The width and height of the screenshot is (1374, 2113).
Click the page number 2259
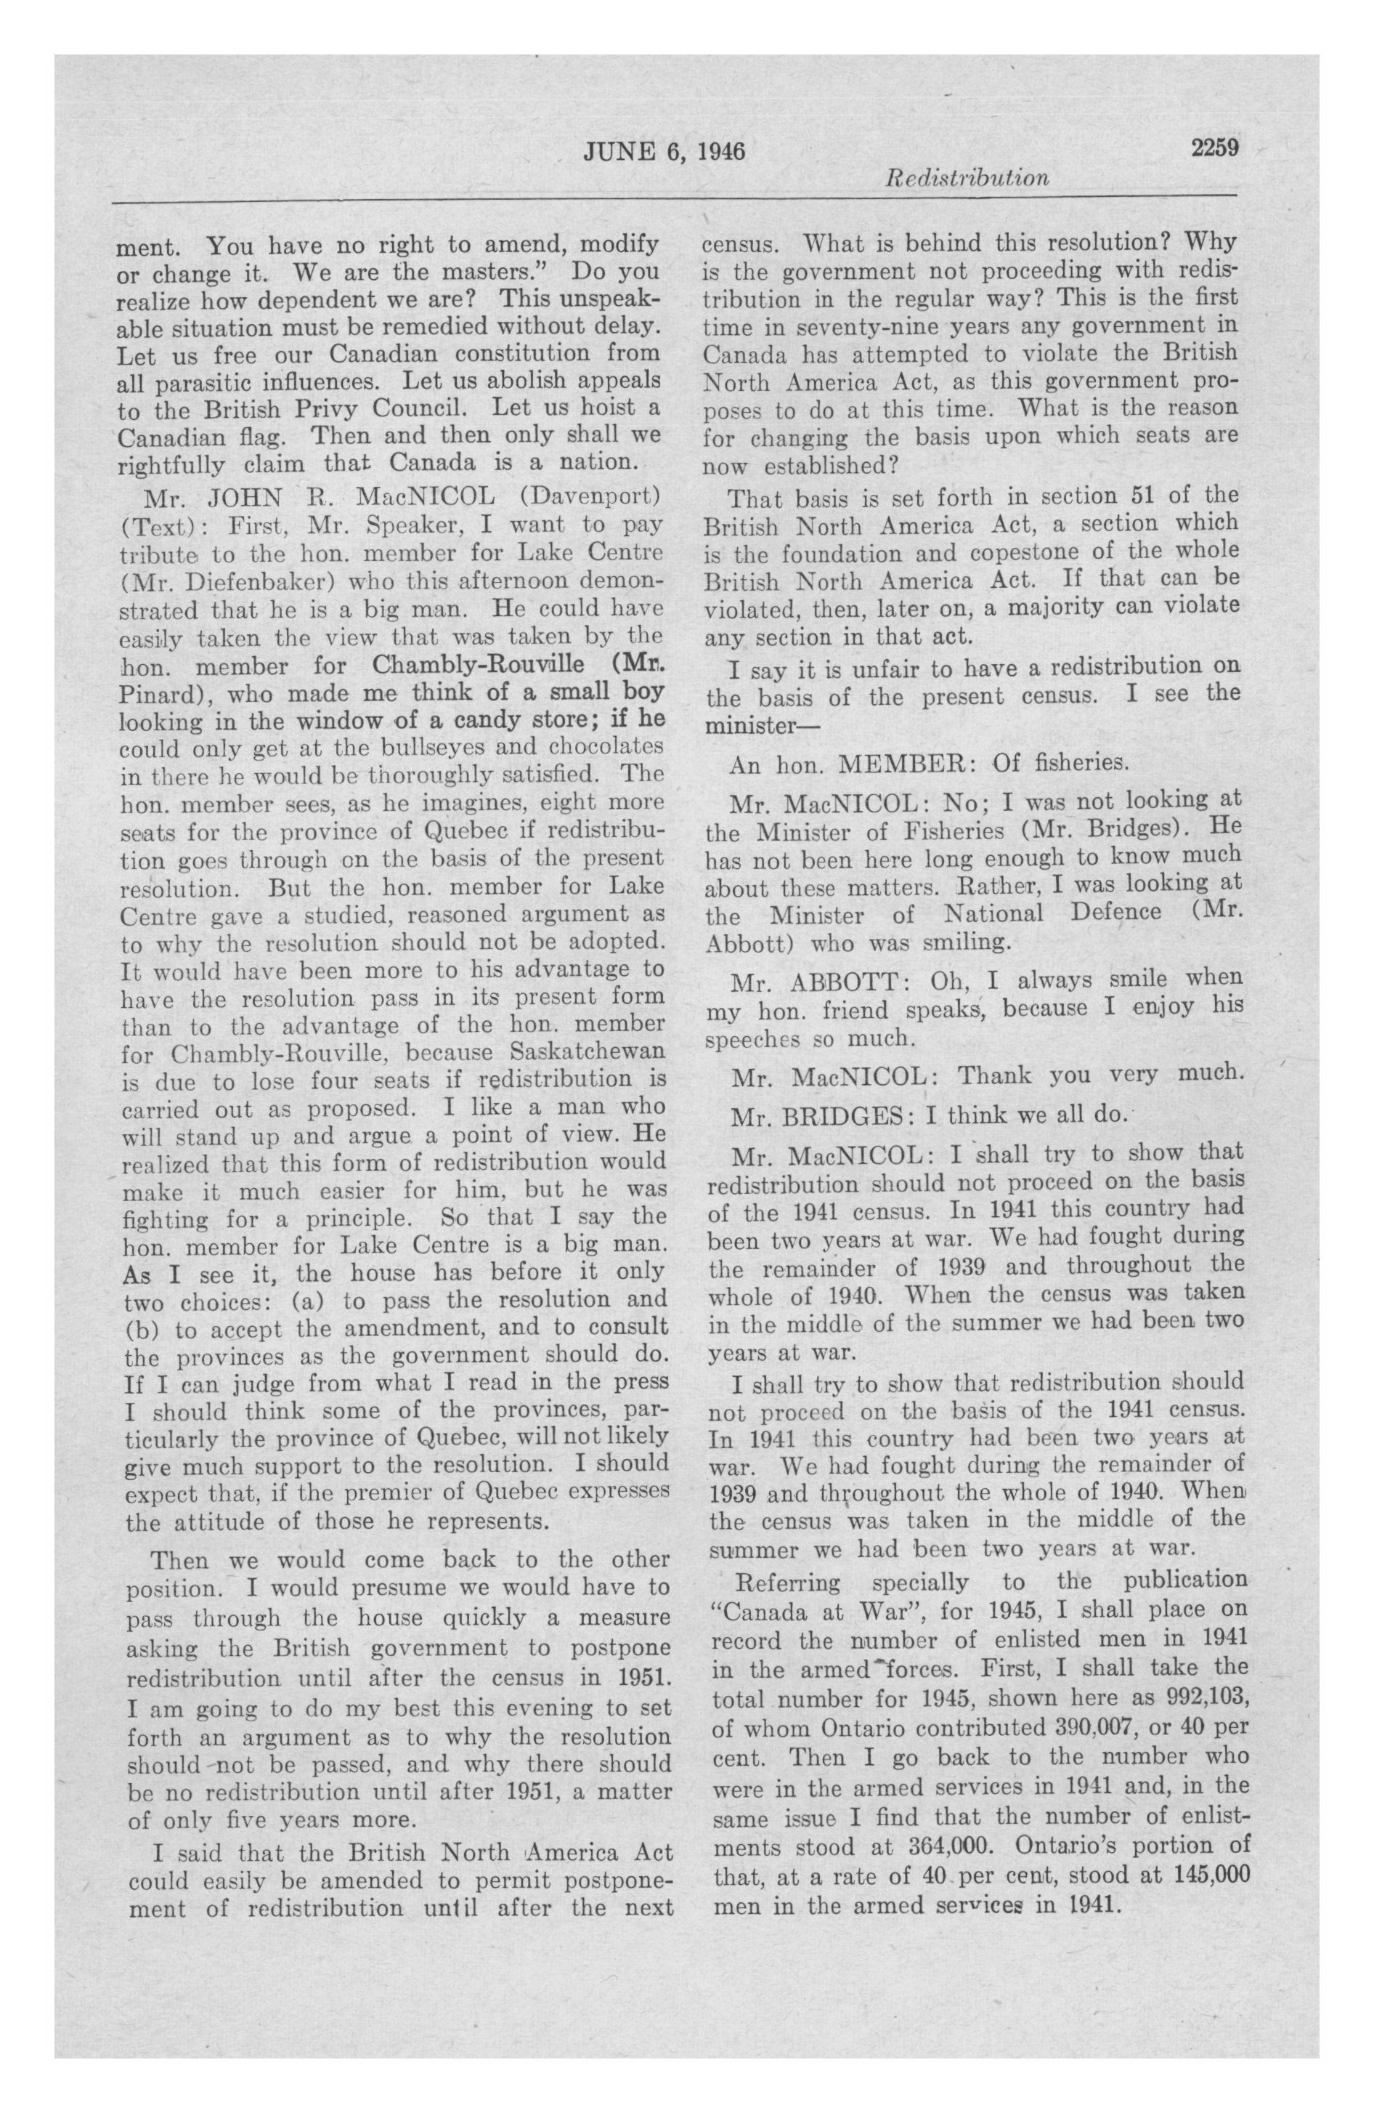pos(1214,148)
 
